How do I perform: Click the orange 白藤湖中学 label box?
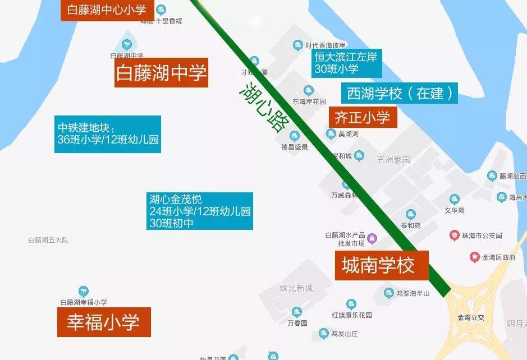(161, 72)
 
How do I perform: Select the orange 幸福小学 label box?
(104, 322)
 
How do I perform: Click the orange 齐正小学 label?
(363, 117)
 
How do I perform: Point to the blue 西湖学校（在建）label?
(400, 93)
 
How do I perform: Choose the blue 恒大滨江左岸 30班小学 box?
(346, 63)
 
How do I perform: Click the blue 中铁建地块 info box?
(108, 134)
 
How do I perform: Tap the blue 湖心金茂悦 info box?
(200, 211)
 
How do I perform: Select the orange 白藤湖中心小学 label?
(107, 10)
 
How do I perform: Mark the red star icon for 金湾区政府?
(475, 257)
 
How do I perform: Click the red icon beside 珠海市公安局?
(454, 236)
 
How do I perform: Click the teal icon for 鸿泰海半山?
(388, 293)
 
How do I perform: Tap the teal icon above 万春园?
(297, 312)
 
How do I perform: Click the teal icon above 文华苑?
(454, 200)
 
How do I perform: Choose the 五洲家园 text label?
(393, 160)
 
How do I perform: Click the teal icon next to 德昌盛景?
(294, 136)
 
